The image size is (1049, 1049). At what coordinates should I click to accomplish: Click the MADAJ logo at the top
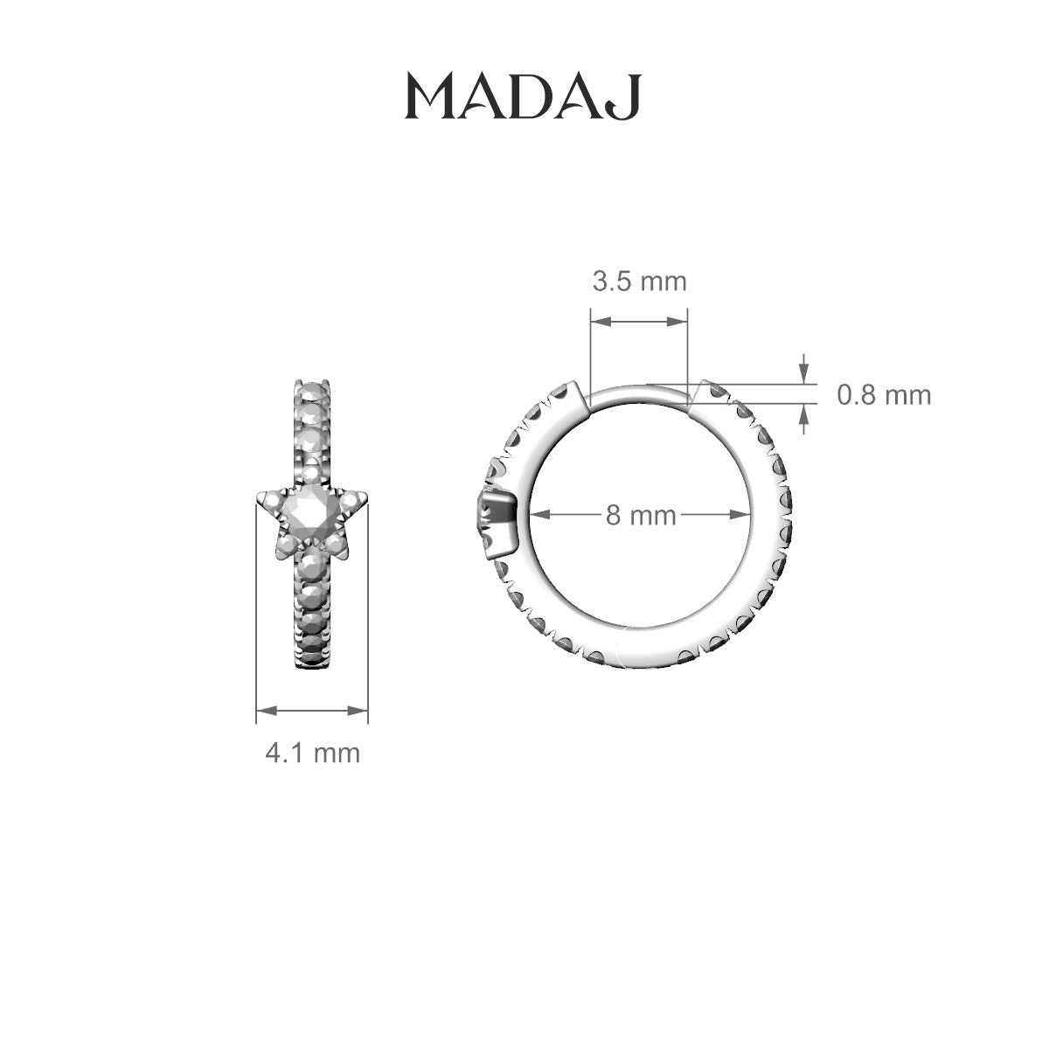coord(523,97)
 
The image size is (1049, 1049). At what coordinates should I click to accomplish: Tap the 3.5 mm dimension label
coord(640,282)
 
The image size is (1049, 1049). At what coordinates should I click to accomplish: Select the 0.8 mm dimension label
coord(884,395)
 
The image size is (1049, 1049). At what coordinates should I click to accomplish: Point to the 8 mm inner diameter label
coord(641,515)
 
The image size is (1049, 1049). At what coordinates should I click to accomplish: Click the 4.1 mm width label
coord(312,754)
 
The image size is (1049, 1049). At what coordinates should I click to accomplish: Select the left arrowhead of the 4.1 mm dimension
coord(267,711)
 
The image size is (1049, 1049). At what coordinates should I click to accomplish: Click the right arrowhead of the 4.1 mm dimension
coord(358,711)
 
